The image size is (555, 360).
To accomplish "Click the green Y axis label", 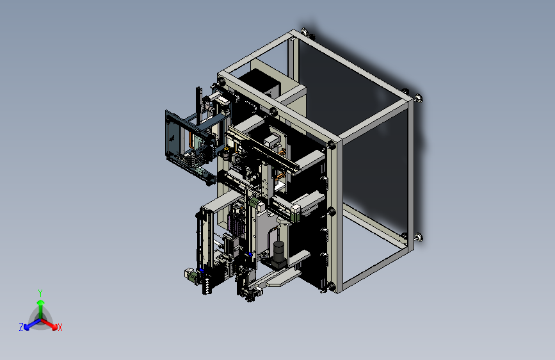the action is [40, 293].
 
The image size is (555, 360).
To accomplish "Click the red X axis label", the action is [60, 327].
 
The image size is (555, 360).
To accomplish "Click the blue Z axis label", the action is [21, 327].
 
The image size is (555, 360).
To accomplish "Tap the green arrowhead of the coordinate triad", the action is [41, 302].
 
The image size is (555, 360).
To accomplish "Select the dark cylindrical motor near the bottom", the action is [279, 253].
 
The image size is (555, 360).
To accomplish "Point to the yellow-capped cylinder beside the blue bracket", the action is [225, 154].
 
